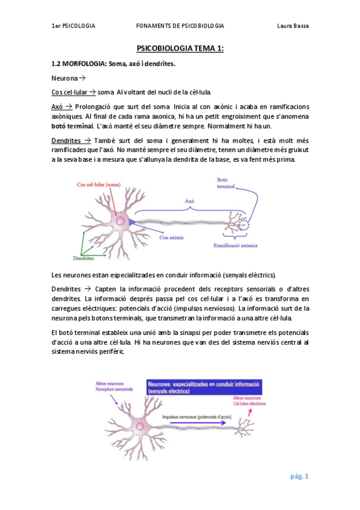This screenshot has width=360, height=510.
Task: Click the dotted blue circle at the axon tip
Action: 243,226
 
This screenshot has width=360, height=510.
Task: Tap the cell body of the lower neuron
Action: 139,425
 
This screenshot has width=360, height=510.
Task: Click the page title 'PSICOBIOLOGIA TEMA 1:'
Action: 180,49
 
